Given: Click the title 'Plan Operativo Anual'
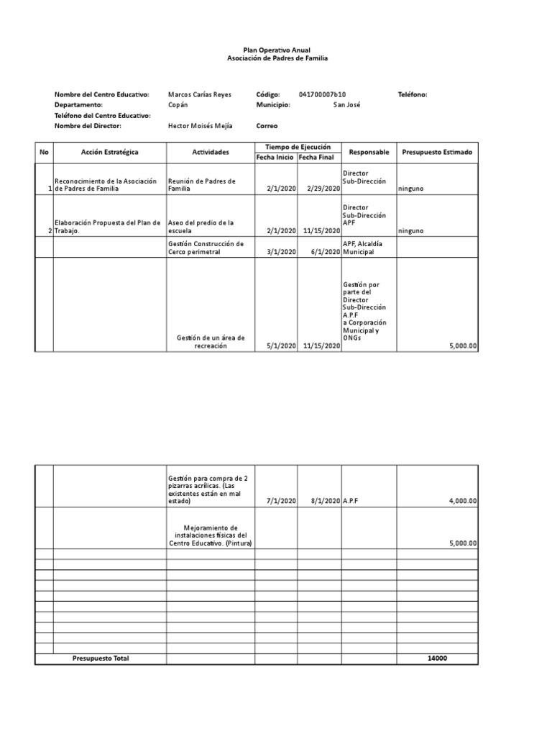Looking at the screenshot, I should [277, 50].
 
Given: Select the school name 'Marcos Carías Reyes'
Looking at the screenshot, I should [200, 94].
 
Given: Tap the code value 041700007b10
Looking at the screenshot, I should [322, 94].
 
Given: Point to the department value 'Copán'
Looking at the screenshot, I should [178, 104].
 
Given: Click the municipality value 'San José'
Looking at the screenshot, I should [347, 104].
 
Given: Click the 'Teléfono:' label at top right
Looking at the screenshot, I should [413, 94].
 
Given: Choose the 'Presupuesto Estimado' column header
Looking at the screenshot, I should [437, 153].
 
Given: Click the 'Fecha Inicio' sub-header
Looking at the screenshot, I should [276, 158].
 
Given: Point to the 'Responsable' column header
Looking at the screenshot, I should [369, 153].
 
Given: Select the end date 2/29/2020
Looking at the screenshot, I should [323, 189].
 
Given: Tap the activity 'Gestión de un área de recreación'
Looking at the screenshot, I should [211, 342].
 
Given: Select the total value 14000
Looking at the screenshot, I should [436, 659].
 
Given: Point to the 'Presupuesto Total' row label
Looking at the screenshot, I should [101, 659].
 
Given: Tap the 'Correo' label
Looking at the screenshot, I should [267, 126].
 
